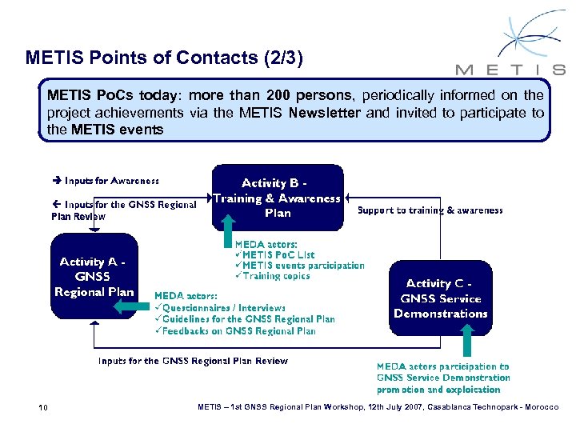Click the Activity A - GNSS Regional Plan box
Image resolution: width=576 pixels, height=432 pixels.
click(94, 276)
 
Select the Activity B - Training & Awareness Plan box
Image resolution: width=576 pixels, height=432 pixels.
click(277, 198)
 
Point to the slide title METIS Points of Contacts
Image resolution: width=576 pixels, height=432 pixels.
click(165, 58)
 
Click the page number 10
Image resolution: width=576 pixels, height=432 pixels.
click(43, 409)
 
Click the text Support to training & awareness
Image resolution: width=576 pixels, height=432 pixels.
click(430, 210)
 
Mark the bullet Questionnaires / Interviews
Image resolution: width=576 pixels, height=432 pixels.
click(220, 307)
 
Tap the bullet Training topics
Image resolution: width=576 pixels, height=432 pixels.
click(272, 276)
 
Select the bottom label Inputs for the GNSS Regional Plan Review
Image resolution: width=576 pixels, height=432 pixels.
click(193, 361)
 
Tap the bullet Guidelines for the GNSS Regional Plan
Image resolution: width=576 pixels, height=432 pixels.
click(245, 319)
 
